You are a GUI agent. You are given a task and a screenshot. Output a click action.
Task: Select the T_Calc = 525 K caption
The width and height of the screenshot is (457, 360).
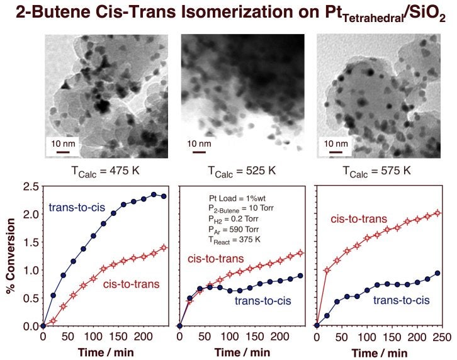[x=242, y=171]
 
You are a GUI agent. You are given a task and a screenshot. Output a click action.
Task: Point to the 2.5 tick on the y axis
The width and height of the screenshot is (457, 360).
[x=26, y=186]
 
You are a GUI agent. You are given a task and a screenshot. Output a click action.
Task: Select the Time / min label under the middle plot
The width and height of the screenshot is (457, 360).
[x=242, y=351]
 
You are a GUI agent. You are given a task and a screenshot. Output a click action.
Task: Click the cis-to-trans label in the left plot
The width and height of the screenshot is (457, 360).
[x=132, y=284]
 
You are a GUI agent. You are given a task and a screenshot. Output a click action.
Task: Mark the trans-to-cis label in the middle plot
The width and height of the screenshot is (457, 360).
[x=264, y=300]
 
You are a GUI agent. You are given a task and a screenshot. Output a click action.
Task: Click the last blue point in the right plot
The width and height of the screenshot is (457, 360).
[x=437, y=273]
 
